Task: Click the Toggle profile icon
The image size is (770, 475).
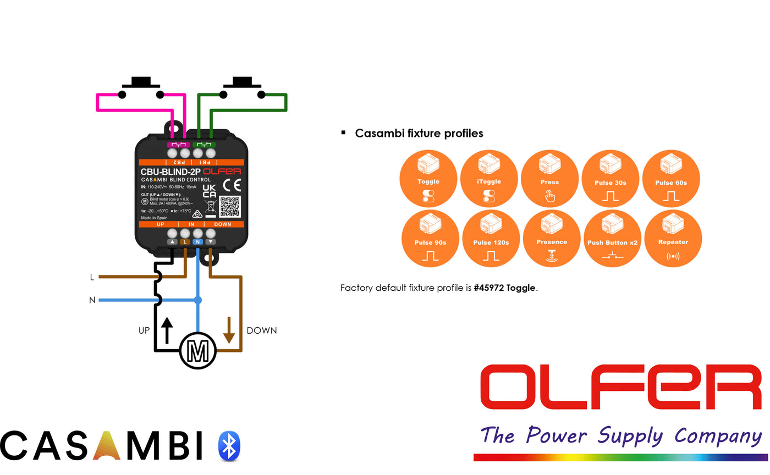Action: click(428, 179)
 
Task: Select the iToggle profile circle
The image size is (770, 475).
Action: click(489, 179)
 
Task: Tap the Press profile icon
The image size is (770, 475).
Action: click(549, 179)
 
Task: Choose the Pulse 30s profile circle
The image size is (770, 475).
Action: click(610, 179)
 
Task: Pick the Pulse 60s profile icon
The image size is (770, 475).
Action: click(671, 179)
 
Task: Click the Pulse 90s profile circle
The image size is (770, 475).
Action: click(430, 239)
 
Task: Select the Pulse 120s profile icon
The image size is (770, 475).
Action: click(491, 239)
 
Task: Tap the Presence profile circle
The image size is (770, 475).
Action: click(552, 239)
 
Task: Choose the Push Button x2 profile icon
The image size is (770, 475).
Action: click(612, 239)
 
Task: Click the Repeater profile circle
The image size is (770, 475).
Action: click(673, 239)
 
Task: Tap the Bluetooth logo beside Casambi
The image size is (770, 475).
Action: click(229, 446)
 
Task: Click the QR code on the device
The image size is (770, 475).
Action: click(230, 207)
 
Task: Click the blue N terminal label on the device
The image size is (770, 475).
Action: click(198, 242)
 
